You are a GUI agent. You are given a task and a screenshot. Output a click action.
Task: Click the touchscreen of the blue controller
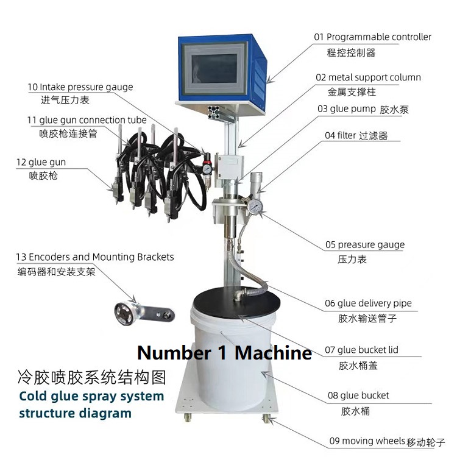[x=214, y=68]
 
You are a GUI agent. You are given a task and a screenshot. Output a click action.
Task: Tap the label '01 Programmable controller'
[x=372, y=37]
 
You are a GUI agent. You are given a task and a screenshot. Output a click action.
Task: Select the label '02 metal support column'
[x=368, y=77]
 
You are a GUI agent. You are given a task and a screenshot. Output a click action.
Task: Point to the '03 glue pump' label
[x=347, y=109]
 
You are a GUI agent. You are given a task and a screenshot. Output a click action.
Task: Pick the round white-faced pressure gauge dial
[x=255, y=207]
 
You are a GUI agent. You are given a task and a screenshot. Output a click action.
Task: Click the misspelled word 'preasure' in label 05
[x=352, y=245]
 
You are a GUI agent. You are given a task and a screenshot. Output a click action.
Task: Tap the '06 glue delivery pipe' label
[x=368, y=303]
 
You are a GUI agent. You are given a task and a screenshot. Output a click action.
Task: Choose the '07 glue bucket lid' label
[x=361, y=350]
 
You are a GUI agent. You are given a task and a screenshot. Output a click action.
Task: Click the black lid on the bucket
[x=236, y=302]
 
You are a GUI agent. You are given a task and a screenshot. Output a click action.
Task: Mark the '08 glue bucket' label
[x=358, y=395]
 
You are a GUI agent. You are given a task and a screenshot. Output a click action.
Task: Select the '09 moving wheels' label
[x=367, y=441]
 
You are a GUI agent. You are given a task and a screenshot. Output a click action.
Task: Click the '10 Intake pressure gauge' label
[x=80, y=87]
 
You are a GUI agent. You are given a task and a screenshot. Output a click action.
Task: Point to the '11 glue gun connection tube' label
[x=87, y=120]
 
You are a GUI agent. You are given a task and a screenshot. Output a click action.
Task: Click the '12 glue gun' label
[x=41, y=162]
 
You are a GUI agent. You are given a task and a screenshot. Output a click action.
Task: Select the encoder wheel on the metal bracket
[x=124, y=314]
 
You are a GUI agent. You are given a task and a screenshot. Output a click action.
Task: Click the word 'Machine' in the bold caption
[x=273, y=353]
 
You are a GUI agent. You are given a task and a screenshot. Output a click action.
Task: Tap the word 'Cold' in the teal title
[x=33, y=397]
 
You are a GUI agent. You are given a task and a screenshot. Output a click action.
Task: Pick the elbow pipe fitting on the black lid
[x=238, y=295]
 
